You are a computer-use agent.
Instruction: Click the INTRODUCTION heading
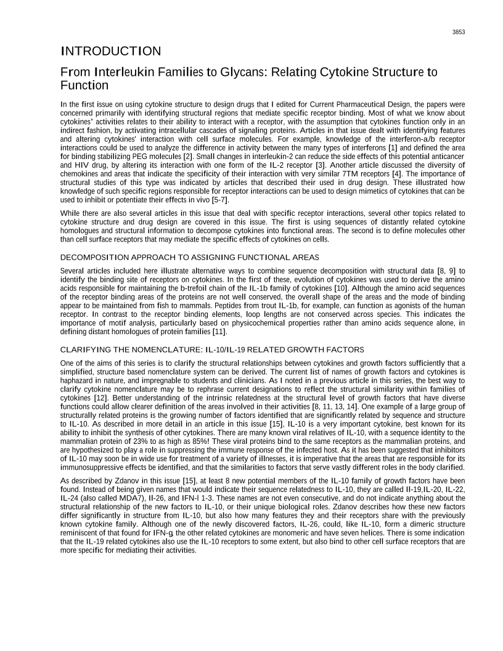111,51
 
